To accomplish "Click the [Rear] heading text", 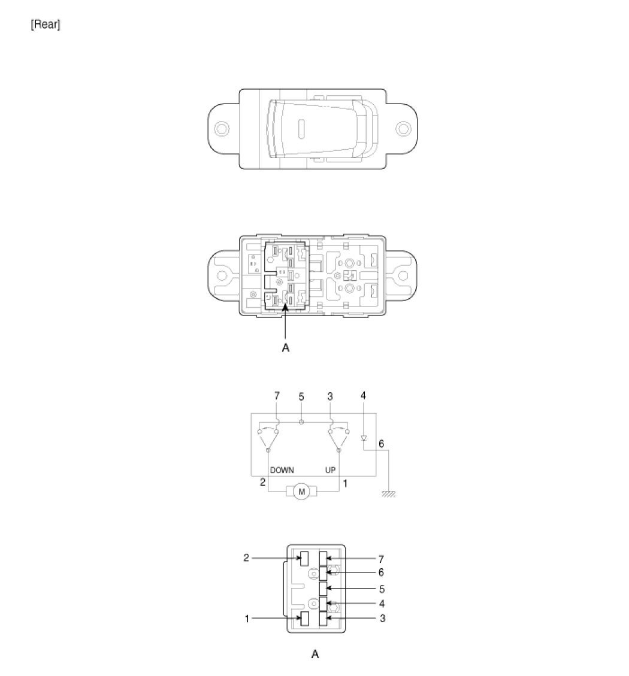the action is [46, 25].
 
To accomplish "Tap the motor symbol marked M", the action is [301, 492].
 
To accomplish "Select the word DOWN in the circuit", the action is [282, 470].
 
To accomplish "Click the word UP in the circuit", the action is [330, 470].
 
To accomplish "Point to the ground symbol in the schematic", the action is [389, 494].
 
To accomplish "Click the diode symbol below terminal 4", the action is [363, 438].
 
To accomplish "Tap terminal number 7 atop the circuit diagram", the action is [277, 396].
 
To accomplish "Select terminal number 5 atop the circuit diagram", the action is [301, 396].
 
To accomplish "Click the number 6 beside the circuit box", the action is [381, 444].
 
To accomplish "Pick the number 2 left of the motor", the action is [262, 482].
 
